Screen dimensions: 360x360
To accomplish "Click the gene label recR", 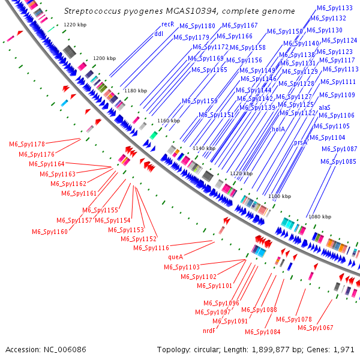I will point(167,25).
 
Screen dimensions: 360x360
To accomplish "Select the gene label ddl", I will point(159,34).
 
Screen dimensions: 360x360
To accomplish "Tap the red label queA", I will point(175,257).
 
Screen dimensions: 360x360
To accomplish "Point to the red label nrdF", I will point(209,331).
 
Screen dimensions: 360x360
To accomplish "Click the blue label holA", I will point(278,129).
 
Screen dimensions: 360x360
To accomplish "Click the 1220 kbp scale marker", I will point(76,25).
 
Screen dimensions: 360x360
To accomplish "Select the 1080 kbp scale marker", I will point(319,217).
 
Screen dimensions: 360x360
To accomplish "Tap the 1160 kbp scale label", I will point(167,121).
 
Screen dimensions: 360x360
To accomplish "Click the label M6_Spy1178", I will point(27,144).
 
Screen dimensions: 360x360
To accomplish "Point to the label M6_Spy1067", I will point(316,328).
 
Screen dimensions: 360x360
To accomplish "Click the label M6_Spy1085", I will point(338,161).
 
